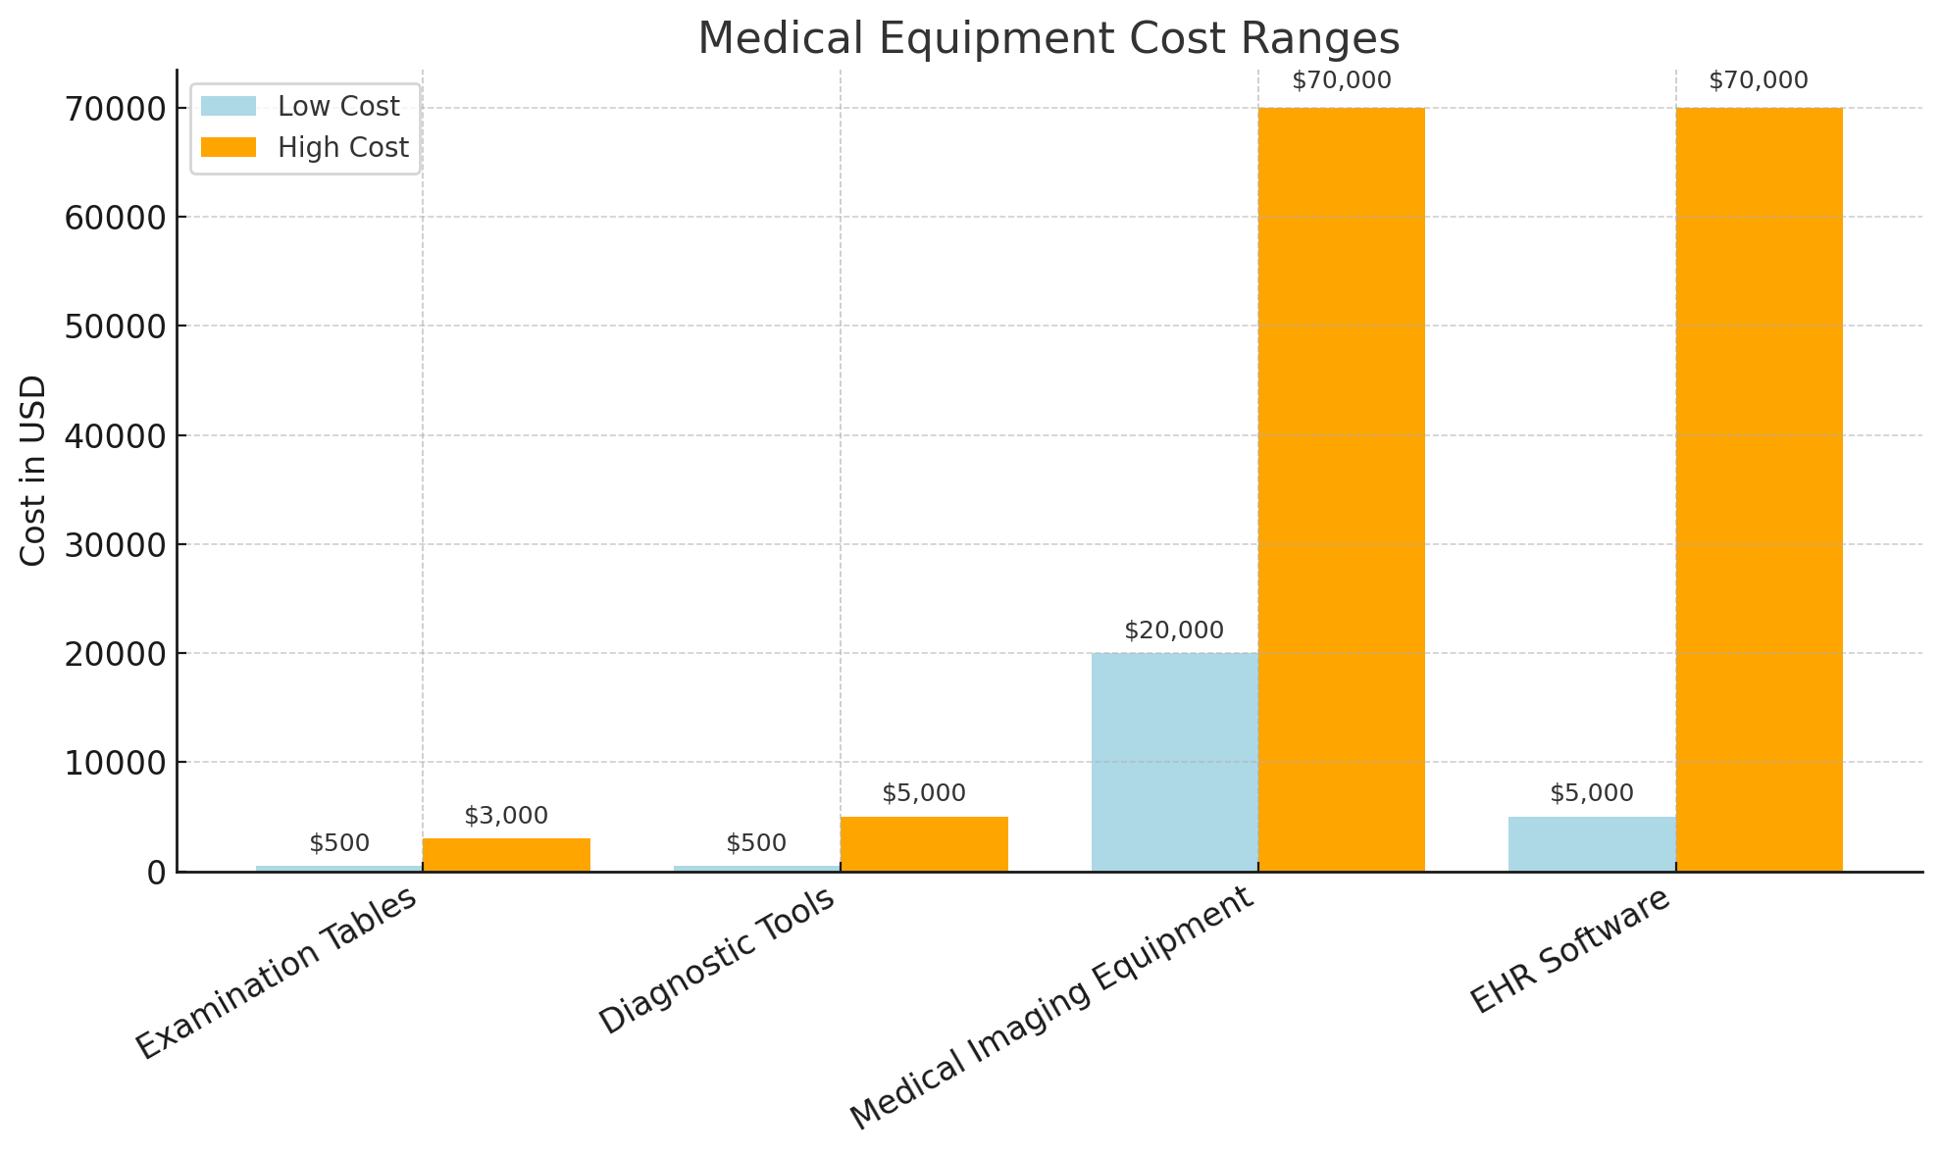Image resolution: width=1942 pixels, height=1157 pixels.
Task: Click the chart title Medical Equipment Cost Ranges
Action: (1048, 39)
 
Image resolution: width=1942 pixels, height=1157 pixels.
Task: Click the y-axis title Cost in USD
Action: (33, 471)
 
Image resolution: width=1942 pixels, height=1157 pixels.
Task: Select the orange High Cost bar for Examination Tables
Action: (506, 854)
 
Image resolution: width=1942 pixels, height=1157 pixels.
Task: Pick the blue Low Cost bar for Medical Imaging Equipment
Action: (1174, 762)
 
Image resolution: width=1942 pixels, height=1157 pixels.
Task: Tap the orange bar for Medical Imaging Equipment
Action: (1341, 489)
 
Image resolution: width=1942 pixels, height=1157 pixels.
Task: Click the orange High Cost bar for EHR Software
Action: (1759, 489)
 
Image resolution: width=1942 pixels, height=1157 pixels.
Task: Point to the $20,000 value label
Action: (1174, 630)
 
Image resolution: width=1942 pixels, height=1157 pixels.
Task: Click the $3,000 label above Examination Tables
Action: (506, 816)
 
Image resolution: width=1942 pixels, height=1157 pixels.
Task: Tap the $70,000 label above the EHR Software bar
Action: (1759, 81)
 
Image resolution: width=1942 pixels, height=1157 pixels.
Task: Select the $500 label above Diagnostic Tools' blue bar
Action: (756, 843)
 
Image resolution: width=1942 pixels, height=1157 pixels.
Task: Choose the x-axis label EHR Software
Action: (1569, 950)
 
